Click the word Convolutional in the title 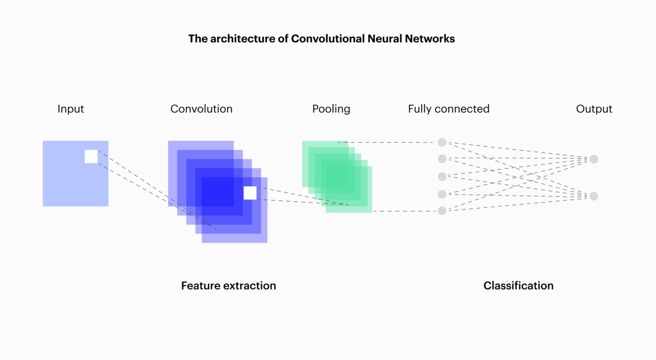(x=328, y=39)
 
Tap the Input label (x=71, y=109)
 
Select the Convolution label (x=201, y=109)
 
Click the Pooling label (x=331, y=109)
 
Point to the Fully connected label (x=449, y=109)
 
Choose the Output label (x=594, y=109)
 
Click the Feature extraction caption (x=229, y=286)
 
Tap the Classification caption (x=518, y=286)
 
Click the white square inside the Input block (x=91, y=156)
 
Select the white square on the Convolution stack (x=250, y=193)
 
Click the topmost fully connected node (x=442, y=143)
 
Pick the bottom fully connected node (x=442, y=211)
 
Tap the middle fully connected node (x=442, y=176)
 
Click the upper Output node (x=594, y=159)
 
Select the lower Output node (x=594, y=196)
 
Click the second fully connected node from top (x=442, y=159)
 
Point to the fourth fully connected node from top (x=442, y=194)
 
